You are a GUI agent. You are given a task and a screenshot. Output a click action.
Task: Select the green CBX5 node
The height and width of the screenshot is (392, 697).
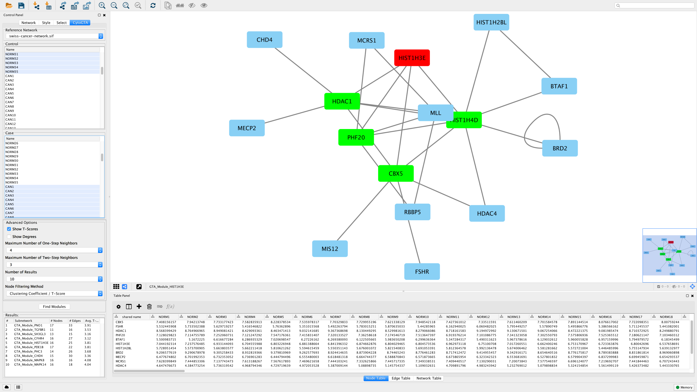point(396,173)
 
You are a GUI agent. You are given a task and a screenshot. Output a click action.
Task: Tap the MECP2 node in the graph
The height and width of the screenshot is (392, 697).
point(247,128)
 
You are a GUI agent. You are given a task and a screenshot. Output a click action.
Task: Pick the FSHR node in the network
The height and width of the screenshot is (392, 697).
point(422,272)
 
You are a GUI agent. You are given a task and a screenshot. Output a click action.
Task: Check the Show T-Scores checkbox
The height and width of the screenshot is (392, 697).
point(9,229)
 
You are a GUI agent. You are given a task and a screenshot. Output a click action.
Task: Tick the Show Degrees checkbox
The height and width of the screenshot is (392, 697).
point(9,236)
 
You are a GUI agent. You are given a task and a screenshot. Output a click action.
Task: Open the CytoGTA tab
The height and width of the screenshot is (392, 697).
point(80,23)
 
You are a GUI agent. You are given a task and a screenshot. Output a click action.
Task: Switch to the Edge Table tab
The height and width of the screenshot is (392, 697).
point(401,378)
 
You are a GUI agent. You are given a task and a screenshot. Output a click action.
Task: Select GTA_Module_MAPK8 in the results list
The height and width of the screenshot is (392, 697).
point(30,360)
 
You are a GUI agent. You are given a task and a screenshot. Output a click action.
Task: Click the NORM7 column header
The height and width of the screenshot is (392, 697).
point(335,317)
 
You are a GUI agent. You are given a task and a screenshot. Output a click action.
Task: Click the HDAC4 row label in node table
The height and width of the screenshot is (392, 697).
point(121,365)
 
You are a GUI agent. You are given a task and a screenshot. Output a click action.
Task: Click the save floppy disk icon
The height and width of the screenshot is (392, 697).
point(21,5)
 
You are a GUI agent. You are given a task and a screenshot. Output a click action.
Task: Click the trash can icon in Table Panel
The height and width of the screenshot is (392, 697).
point(149,307)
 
